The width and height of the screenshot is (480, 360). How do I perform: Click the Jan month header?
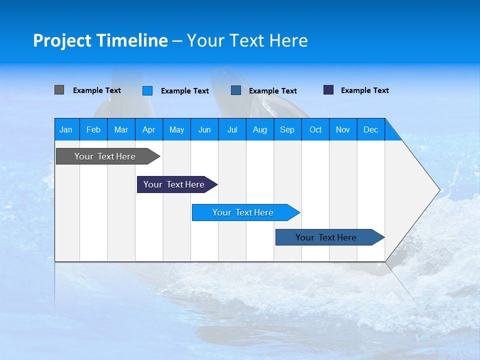click(x=66, y=129)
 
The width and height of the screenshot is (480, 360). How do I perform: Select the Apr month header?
click(x=148, y=129)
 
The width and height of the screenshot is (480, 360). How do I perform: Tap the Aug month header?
click(x=259, y=129)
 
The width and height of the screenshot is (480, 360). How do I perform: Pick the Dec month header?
click(x=370, y=129)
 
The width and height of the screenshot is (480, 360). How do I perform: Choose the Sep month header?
click(x=287, y=129)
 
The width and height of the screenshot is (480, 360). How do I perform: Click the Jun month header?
click(x=204, y=129)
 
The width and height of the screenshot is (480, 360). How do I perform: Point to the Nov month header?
click(x=342, y=129)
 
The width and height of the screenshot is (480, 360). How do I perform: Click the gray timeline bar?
click(x=105, y=156)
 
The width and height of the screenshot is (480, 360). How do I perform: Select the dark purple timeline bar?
click(x=174, y=184)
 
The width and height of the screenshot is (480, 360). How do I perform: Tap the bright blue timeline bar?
click(x=242, y=212)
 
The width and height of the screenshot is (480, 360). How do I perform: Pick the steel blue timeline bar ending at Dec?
click(x=326, y=237)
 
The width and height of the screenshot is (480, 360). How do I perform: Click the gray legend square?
click(x=59, y=90)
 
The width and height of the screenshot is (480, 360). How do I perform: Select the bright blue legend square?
click(x=147, y=90)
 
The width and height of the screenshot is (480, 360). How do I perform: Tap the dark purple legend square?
click(x=328, y=90)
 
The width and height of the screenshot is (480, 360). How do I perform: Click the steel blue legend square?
click(x=236, y=90)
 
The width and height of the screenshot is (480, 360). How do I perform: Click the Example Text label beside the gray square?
click(x=97, y=90)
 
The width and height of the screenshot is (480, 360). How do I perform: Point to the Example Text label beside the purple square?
click(x=364, y=90)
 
